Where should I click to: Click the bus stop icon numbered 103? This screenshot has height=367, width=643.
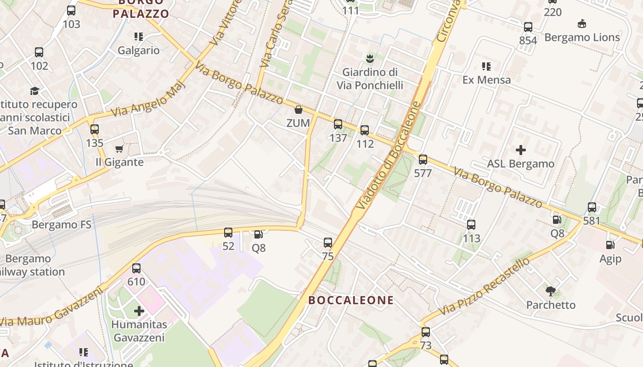tap(71, 11)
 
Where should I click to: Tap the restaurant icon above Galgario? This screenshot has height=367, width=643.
tap(138, 37)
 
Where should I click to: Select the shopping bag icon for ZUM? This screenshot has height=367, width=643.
tap(299, 110)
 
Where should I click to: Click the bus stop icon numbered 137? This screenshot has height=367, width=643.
tap(338, 124)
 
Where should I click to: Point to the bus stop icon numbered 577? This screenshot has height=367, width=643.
tap(423, 160)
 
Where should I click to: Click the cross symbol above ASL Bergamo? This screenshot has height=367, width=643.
tap(520, 150)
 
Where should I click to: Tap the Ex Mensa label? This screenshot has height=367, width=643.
tap(486, 80)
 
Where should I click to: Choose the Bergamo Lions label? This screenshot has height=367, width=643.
tap(582, 37)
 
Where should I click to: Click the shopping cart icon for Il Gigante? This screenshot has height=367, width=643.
tap(119, 149)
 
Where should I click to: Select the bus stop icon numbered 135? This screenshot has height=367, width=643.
tap(95, 129)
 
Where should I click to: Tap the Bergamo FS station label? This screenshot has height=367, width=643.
tap(62, 225)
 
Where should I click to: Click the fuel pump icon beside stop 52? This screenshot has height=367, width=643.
tap(259, 234)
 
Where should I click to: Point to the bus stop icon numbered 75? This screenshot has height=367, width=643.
tap(327, 243)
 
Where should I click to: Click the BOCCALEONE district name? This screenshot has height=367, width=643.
tap(351, 300)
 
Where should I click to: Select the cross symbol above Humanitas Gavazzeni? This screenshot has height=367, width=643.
tap(139, 311)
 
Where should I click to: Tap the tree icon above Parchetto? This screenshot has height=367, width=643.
tap(550, 291)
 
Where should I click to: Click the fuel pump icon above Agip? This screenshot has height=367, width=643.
tap(610, 245)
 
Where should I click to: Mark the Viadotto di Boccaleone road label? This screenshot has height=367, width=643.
tap(389, 156)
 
